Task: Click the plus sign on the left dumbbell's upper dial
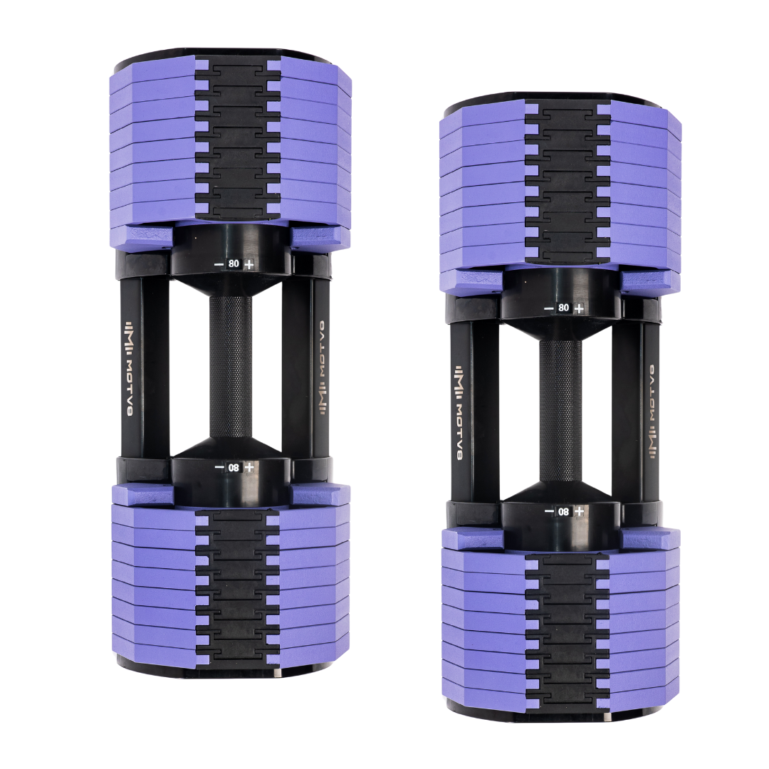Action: (x=249, y=264)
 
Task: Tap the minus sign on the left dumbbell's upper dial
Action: (x=218, y=264)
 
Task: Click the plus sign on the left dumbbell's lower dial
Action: (x=249, y=466)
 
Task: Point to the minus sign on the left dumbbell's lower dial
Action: (x=218, y=466)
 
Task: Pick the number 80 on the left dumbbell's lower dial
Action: (x=234, y=466)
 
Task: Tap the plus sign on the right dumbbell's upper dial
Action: (x=580, y=308)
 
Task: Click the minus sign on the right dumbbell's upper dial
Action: (x=548, y=308)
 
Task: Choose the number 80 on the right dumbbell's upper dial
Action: (x=564, y=308)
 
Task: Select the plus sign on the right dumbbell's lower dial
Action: (x=580, y=511)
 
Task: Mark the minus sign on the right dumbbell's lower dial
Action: (x=548, y=511)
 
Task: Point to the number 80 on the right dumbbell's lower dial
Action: (x=564, y=511)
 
